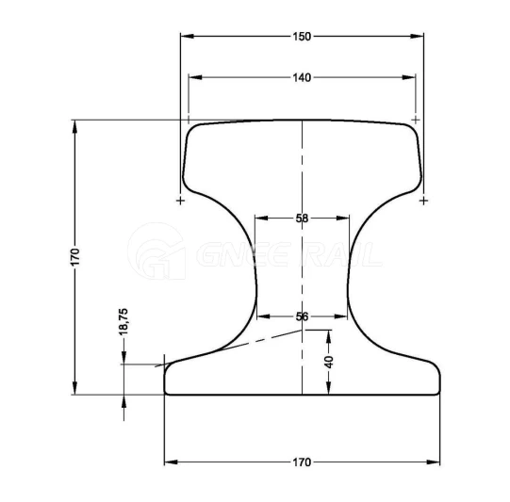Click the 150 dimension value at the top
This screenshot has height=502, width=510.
click(x=302, y=37)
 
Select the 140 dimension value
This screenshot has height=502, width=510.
click(x=302, y=77)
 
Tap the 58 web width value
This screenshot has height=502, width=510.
click(x=302, y=219)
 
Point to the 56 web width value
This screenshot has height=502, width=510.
click(x=302, y=316)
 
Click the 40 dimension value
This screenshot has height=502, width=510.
click(x=330, y=362)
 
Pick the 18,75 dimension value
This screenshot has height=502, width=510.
click(x=123, y=322)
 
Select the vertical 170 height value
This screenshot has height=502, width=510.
click(x=74, y=257)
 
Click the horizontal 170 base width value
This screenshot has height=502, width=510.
click(x=302, y=462)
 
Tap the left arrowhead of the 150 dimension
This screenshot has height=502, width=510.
click(x=188, y=36)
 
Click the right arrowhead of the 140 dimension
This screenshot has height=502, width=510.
click(x=408, y=77)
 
